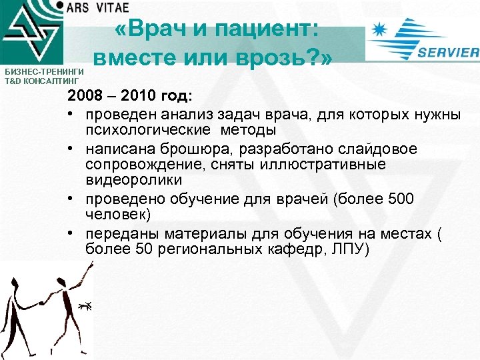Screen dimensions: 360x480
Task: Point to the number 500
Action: coord(400,199)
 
